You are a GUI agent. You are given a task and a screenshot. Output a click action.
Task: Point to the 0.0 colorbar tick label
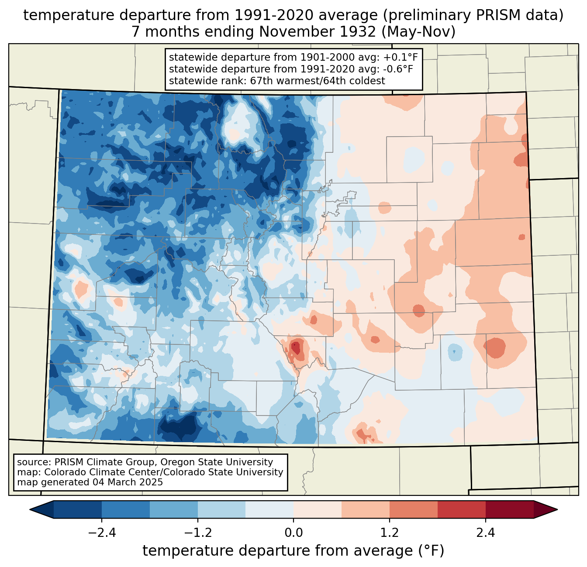pos(293,533)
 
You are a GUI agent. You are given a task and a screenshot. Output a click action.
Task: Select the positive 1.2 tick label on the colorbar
pos(390,533)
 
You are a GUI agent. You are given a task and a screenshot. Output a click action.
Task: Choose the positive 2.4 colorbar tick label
pos(486,533)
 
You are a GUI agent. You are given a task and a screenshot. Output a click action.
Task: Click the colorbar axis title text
pos(293,551)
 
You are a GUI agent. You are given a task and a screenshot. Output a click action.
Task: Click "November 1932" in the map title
pos(318,32)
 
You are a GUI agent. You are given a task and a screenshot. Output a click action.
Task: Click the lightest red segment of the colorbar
pos(318,509)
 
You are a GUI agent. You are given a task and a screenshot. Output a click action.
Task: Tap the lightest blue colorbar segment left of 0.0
pos(269,509)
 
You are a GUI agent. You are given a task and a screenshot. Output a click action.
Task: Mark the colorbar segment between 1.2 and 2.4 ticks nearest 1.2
pos(414,509)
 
